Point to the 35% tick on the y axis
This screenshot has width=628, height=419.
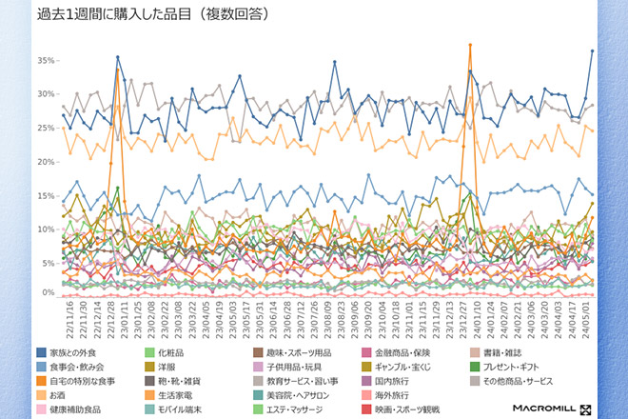point(46,60)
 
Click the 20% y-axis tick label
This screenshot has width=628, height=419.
point(46,161)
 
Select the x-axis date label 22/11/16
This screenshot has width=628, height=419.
point(72,321)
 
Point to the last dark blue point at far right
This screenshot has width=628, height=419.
point(592,51)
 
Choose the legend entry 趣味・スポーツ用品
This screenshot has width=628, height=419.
point(294,353)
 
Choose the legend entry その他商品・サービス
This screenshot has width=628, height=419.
point(535,381)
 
